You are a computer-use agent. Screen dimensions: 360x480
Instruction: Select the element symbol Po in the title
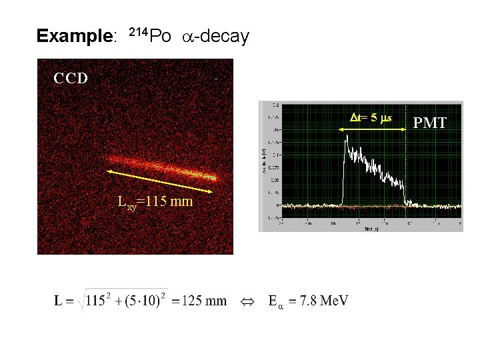tap(160, 36)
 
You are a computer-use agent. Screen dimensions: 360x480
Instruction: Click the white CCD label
tap(71, 78)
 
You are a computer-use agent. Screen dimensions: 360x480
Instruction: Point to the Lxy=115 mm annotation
tap(155, 201)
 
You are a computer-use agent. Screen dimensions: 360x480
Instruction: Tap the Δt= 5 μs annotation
tap(371, 118)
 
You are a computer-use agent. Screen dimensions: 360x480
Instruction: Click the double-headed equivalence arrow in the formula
tap(247, 301)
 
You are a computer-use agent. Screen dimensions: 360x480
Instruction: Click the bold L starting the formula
tap(59, 301)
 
